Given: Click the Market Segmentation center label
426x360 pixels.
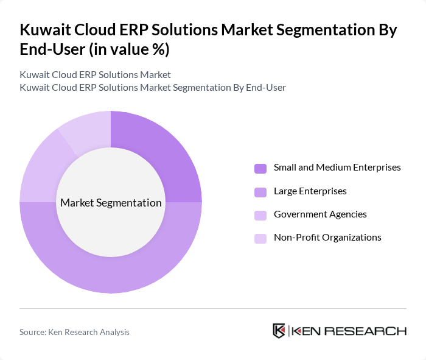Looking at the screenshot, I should click(x=111, y=202).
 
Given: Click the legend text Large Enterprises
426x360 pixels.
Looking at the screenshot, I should click(x=310, y=191).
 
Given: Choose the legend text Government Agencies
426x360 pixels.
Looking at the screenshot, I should click(x=320, y=214).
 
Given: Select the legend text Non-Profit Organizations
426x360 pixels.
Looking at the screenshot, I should click(x=327, y=238).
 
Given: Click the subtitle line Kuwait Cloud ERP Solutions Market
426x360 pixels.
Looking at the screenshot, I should click(x=95, y=75).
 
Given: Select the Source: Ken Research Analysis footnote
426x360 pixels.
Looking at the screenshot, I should click(x=74, y=332).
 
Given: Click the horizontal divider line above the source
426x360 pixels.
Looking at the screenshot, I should click(x=213, y=309).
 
